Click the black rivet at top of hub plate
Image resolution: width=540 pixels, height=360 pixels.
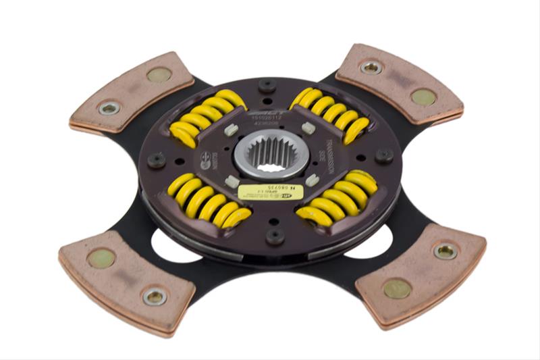pos(267,85)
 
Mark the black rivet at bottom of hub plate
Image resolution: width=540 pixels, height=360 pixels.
pos(275,236)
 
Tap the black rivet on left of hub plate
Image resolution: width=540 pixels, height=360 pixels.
pos(156,159)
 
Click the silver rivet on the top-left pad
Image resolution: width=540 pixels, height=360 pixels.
pos(109,107)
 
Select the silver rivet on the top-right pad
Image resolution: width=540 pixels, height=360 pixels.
pos(371,67)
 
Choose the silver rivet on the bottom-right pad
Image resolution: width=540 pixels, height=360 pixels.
pos(446,251)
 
